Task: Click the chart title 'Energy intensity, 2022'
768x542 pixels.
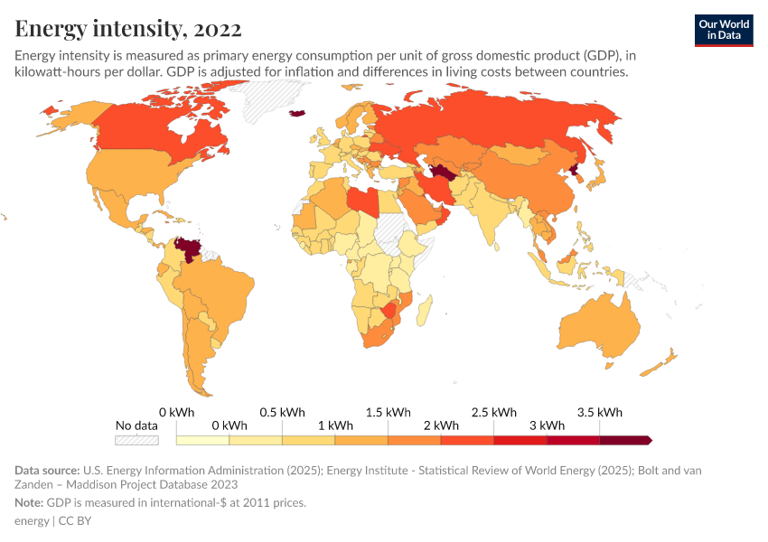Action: (128, 29)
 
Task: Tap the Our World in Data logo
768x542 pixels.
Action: (723, 30)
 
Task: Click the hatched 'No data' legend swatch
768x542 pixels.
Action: (136, 440)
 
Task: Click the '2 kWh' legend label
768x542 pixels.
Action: (441, 425)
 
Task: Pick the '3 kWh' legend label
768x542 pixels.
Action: (547, 425)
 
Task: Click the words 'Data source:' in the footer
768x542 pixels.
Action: (47, 470)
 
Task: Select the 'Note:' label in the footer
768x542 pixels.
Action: (31, 502)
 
